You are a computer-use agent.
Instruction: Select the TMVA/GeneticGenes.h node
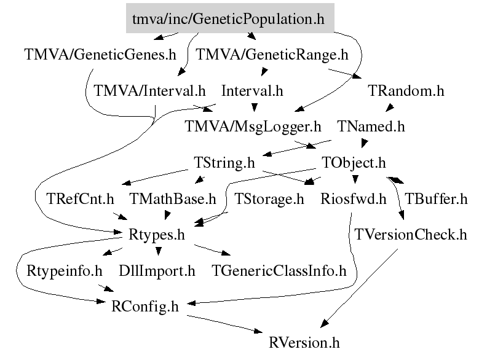[100, 54]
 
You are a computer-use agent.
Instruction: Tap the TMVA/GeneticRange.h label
[272, 54]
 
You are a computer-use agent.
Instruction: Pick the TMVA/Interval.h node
[149, 91]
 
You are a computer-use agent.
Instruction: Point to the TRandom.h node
[406, 91]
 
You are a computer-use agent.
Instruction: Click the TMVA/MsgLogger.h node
[253, 127]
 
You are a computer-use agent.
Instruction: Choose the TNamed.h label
[371, 127]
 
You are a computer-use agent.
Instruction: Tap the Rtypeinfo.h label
[64, 270]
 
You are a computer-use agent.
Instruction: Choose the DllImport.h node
[157, 270]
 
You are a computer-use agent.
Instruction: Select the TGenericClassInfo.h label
[279, 270]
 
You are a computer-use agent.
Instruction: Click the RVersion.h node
[304, 342]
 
